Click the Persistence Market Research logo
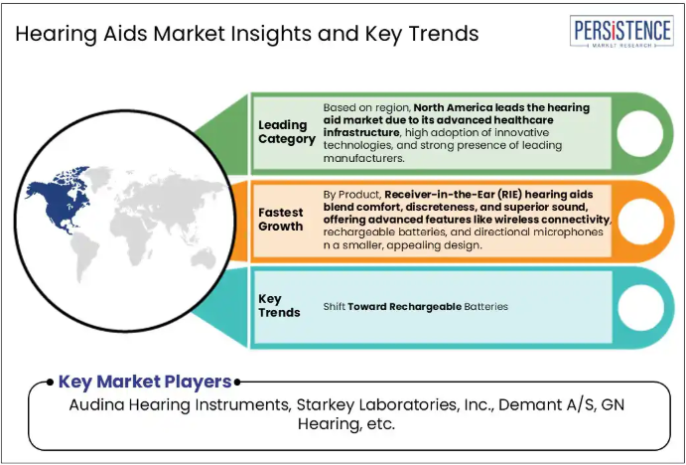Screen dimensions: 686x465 [x=621, y=32]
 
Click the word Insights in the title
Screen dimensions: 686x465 [x=267, y=34]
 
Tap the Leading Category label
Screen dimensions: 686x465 [x=287, y=132]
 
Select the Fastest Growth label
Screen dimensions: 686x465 [x=280, y=220]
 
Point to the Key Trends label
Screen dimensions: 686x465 [x=279, y=306]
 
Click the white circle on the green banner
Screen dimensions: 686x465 [x=640, y=133]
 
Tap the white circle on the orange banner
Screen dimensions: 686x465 [x=640, y=222]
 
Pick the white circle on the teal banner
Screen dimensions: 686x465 [x=640, y=307]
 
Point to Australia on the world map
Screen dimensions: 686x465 [x=204, y=258]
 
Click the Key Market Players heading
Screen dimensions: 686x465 [x=145, y=382]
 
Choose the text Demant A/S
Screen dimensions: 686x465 [x=547, y=405]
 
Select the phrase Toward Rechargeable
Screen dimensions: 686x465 [x=405, y=306]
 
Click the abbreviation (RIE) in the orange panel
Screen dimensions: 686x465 [x=510, y=195]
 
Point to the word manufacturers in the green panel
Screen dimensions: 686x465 [x=364, y=158]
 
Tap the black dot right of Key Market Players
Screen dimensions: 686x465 [x=236, y=383]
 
